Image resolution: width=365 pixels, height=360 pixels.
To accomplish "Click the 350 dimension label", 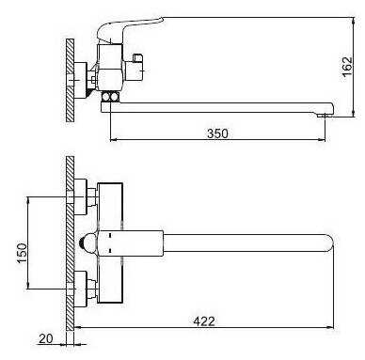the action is coord(217,133).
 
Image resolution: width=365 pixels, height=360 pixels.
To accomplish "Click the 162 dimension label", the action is coord(347,67).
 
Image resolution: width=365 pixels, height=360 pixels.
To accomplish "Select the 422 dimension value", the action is coord(204,321).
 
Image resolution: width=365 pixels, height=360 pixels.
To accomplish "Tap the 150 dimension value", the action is coord(22,253).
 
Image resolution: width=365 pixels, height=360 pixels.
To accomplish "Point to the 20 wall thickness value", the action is coord(46,338).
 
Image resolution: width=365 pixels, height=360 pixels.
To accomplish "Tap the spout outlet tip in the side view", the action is coord(324,115).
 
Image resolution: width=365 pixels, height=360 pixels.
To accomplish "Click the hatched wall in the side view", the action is coord(71,81).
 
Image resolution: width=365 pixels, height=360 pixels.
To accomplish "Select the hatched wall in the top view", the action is coord(71,243).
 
